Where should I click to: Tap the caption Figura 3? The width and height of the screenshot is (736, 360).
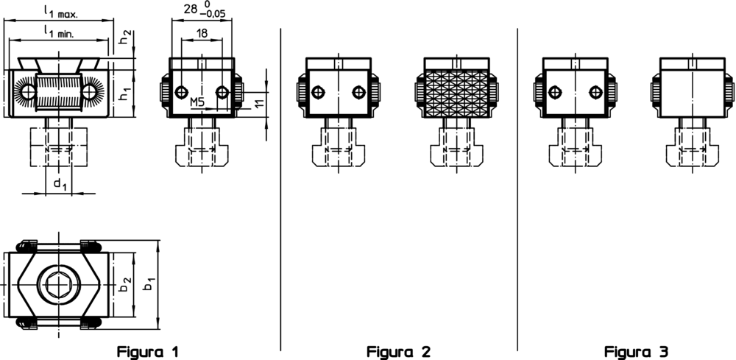tap(637, 351)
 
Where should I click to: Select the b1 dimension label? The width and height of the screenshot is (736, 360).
tap(149, 284)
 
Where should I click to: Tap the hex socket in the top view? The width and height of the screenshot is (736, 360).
tap(58, 283)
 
